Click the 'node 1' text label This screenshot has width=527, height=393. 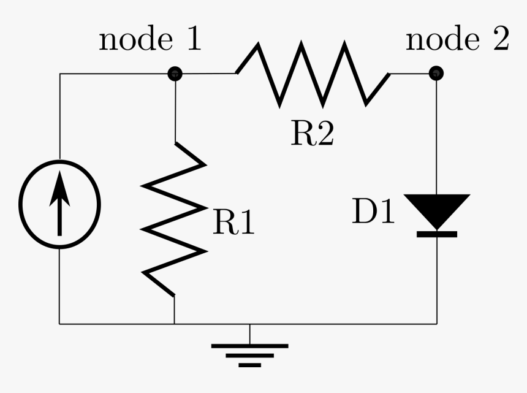pyautogui.click(x=150, y=40)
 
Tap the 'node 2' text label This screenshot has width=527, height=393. pyautogui.click(x=457, y=40)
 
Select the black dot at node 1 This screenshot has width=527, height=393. pyautogui.click(x=175, y=74)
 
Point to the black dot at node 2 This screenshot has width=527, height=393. pyautogui.click(x=436, y=74)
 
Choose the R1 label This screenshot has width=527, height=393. pyautogui.click(x=233, y=223)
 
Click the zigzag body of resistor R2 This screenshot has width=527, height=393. pyautogui.click(x=313, y=74)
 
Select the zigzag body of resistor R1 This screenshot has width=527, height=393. pyautogui.click(x=175, y=218)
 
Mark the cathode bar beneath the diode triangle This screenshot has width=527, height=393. pyautogui.click(x=437, y=234)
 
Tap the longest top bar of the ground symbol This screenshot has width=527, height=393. pyautogui.click(x=249, y=346)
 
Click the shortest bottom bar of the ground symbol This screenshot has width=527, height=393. pyautogui.click(x=249, y=365)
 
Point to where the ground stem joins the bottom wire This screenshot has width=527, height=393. pyautogui.click(x=249, y=323)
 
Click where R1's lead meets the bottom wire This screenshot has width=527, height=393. pyautogui.click(x=175, y=323)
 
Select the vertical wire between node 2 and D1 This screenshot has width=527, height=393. pyautogui.click(x=437, y=135)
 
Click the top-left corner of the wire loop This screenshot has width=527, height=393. pyautogui.click(x=59, y=74)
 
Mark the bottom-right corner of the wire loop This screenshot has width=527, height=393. pyautogui.click(x=437, y=323)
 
